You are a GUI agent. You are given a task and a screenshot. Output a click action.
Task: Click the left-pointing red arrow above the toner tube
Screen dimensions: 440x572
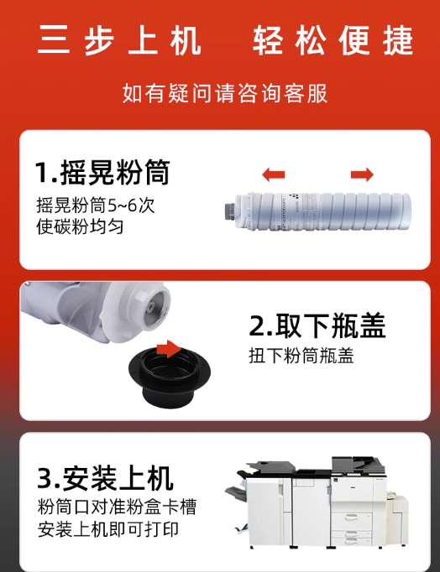point(273,174)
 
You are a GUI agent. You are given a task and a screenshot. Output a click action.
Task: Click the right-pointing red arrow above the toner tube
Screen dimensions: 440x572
point(362,174)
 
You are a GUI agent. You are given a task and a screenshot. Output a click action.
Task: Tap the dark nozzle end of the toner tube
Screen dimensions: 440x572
point(230,211)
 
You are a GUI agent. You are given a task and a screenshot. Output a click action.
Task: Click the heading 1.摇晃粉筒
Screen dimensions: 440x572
point(102,172)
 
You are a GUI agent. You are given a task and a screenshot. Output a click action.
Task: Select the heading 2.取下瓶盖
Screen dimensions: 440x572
point(317,325)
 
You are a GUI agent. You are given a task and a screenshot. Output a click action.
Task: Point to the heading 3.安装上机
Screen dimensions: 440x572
point(105,478)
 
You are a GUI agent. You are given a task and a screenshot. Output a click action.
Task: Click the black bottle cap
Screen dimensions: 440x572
point(170,376)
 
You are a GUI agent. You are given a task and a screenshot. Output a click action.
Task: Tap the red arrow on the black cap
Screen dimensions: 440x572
point(169,349)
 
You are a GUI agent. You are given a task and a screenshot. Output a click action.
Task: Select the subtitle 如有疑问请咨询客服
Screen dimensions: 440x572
point(225,93)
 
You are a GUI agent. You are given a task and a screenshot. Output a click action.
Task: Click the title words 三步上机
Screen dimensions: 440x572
point(119,40)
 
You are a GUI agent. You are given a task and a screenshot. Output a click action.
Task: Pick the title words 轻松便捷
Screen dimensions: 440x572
point(333,40)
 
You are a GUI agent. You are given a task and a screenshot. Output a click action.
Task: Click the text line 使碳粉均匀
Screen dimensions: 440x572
point(80,226)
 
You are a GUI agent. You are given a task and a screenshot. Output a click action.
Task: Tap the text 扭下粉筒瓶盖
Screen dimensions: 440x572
point(301,356)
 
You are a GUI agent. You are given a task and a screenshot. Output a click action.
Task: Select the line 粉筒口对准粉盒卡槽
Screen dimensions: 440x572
point(117,507)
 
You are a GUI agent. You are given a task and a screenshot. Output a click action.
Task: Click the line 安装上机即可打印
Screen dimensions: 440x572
point(108,530)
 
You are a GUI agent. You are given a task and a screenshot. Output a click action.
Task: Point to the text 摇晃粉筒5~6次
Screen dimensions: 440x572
point(95,205)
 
